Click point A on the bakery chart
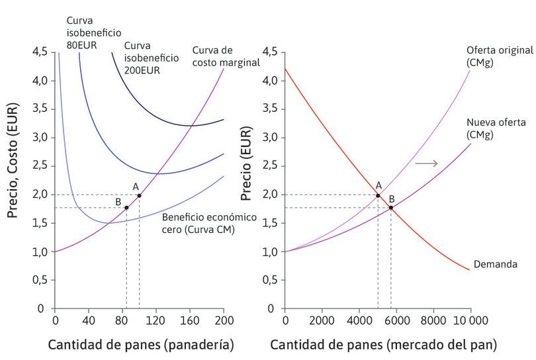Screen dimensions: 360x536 point(139,195)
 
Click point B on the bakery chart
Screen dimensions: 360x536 point(126,208)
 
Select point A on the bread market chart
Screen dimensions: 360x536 point(378,195)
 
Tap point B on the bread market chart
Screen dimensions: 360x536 point(391,208)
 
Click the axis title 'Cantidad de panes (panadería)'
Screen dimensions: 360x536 point(141,345)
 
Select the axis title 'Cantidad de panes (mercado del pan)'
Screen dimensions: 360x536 point(383,345)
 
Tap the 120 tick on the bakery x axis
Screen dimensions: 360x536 point(156,320)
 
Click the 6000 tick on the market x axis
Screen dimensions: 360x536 point(396,320)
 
